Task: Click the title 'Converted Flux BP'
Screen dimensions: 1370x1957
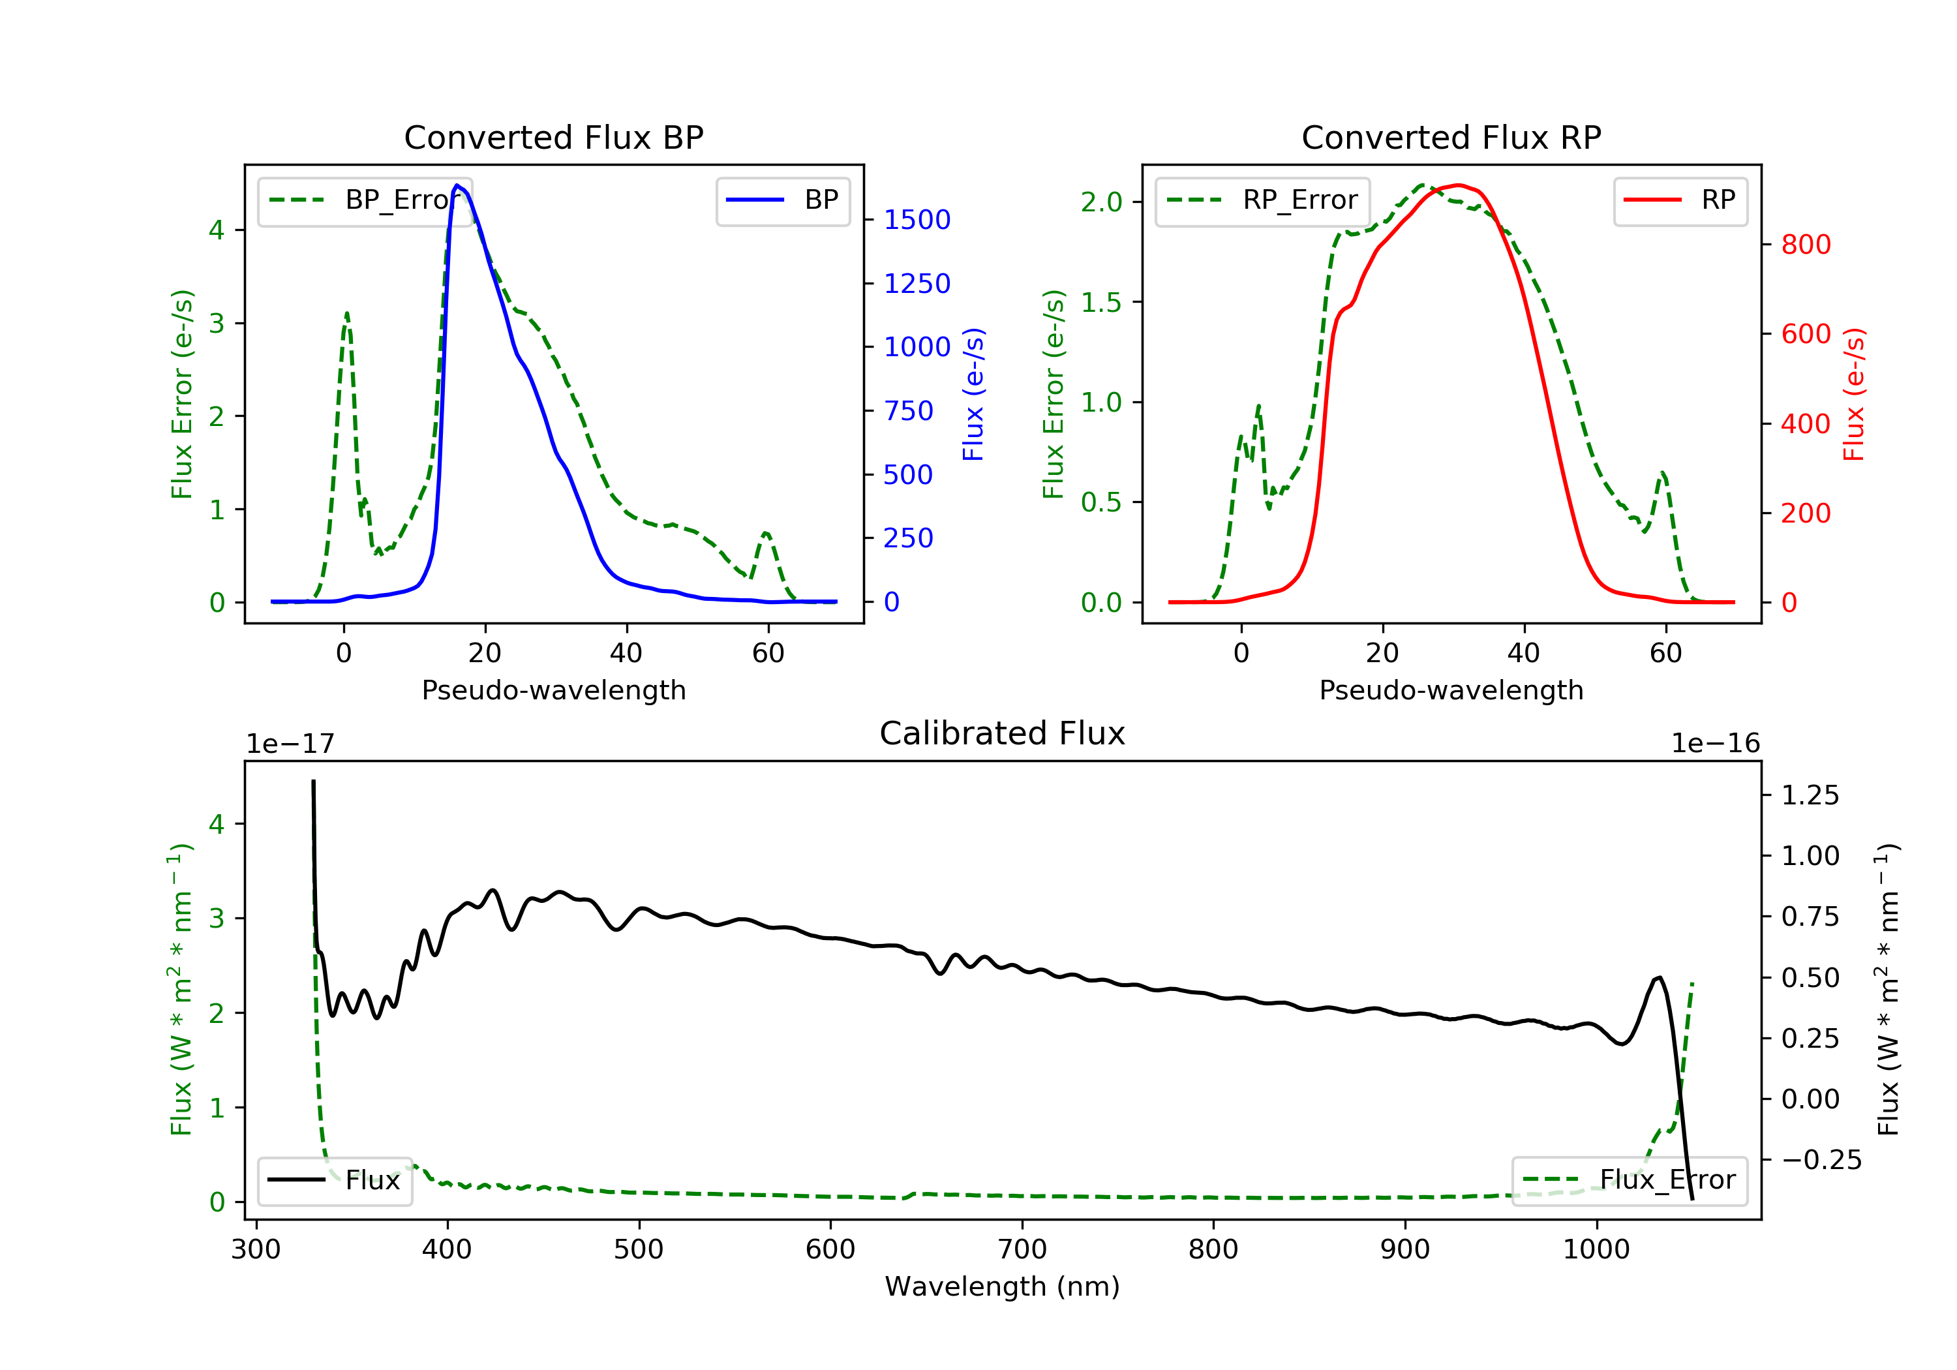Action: [x=553, y=137]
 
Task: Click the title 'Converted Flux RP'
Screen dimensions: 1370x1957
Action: [x=1451, y=137]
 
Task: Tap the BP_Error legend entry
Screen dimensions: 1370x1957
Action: [x=365, y=201]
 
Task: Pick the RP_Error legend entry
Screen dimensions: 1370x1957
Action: [x=1262, y=201]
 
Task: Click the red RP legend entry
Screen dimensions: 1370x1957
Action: [x=1680, y=201]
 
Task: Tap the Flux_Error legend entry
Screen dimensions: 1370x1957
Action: [x=1629, y=1180]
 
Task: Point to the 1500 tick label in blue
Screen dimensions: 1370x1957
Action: [x=917, y=220]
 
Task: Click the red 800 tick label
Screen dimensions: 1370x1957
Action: [x=1805, y=245]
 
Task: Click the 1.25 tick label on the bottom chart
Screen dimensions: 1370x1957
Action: [x=1810, y=795]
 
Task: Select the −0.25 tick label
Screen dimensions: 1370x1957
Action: [x=1821, y=1161]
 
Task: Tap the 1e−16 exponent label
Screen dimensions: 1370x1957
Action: [x=1715, y=744]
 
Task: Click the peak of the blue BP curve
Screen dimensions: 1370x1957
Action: [x=458, y=185]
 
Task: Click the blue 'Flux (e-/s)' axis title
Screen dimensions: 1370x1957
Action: [x=973, y=394]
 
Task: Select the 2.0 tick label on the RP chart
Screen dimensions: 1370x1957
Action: [x=1101, y=202]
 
